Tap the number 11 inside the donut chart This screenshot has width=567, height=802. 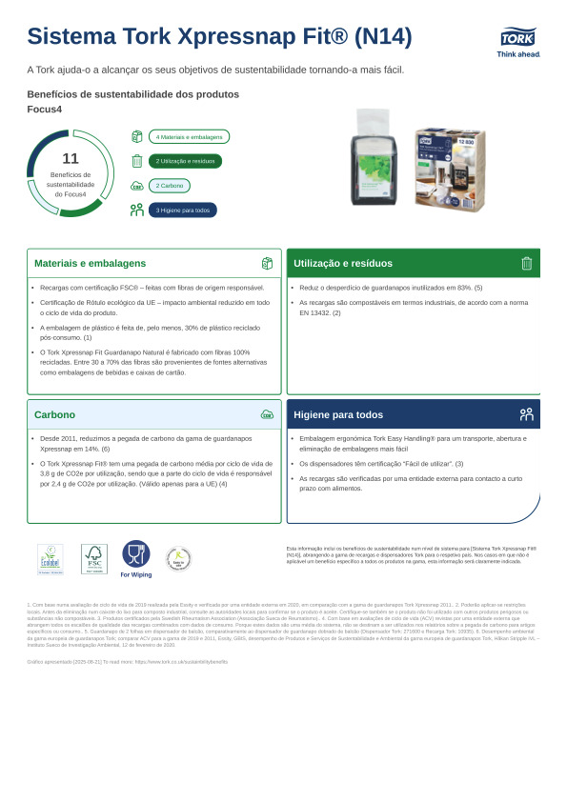click(70, 158)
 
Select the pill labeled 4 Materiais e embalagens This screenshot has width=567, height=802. click(189, 136)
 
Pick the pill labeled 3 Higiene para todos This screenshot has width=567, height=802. click(182, 211)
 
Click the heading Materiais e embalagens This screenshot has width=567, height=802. click(90, 263)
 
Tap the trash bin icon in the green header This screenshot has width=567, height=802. click(526, 263)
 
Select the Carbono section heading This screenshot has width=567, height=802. click(54, 414)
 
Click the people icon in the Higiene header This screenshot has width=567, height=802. click(526, 414)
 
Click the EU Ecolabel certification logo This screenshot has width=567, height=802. click(50, 559)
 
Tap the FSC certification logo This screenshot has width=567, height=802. click(93, 559)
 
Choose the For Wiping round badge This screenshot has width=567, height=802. click(135, 557)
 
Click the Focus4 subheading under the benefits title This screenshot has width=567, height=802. click(43, 110)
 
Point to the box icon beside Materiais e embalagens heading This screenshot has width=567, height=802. click(267, 263)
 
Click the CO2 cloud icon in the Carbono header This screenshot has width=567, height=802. click(267, 414)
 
